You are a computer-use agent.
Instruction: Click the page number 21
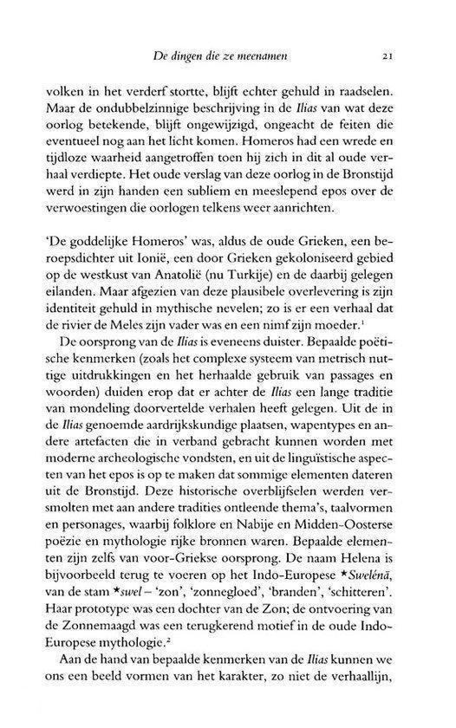391,57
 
